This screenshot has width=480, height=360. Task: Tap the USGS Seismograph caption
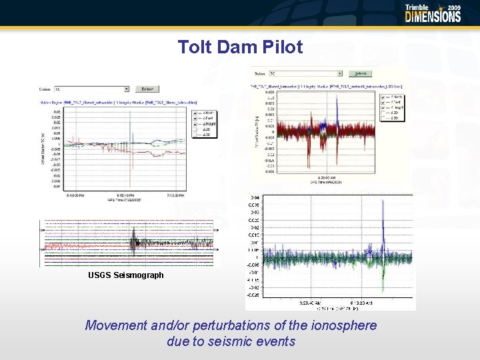pos(125,275)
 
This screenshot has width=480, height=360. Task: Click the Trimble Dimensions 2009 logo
pos(433,13)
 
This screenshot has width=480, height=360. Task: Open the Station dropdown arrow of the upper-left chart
pos(127,89)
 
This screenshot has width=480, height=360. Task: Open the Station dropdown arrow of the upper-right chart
pos(339,73)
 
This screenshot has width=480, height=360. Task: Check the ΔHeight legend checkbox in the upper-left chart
pos(195,123)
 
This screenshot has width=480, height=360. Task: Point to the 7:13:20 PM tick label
pos(175,195)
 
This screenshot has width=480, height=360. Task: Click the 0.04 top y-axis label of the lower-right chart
pos(255,198)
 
